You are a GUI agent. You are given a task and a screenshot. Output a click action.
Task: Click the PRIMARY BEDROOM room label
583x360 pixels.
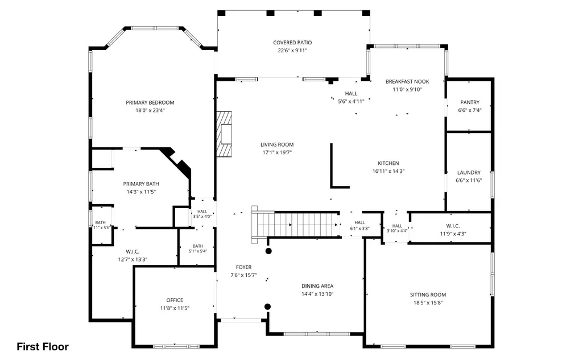tap(150, 102)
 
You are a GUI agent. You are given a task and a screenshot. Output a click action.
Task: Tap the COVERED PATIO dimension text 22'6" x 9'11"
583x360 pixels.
tap(292, 51)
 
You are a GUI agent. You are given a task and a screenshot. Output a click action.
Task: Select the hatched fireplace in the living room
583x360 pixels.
tap(224, 134)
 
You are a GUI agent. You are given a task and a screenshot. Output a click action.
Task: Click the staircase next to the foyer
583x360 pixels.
tap(296, 225)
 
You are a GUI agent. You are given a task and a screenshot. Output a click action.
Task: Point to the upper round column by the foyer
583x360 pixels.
tap(268, 251)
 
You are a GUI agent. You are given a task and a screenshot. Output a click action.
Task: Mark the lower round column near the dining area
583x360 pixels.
tap(267, 307)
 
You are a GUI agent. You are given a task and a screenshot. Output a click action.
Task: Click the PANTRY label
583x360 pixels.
tap(470, 102)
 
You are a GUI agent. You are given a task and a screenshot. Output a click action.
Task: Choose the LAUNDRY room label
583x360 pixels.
tap(469, 172)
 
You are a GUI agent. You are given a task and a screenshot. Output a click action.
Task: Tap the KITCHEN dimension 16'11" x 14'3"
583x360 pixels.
tap(388, 171)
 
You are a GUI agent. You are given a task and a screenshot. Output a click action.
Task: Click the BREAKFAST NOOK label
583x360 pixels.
tap(407, 81)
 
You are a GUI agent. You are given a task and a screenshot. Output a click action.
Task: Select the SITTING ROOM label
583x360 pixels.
tap(428, 295)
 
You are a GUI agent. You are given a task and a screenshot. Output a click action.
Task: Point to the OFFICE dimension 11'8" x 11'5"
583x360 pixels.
tap(175, 308)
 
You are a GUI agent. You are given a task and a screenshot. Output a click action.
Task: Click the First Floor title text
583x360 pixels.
tap(43, 346)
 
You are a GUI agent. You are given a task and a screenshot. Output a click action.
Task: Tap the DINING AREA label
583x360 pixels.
tap(317, 286)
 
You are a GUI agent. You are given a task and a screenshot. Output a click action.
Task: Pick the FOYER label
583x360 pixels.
tap(243, 267)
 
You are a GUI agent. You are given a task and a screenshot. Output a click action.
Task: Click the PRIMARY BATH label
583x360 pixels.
tap(141, 184)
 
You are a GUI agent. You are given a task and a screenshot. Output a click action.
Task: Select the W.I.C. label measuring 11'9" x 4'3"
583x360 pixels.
tap(453, 226)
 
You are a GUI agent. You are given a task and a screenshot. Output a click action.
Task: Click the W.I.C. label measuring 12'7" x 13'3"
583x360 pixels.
tap(133, 252)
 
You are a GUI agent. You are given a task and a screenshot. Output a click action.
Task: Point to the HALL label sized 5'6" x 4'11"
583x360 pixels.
tap(351, 94)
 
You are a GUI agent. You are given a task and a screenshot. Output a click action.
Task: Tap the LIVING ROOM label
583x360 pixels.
tap(277, 144)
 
